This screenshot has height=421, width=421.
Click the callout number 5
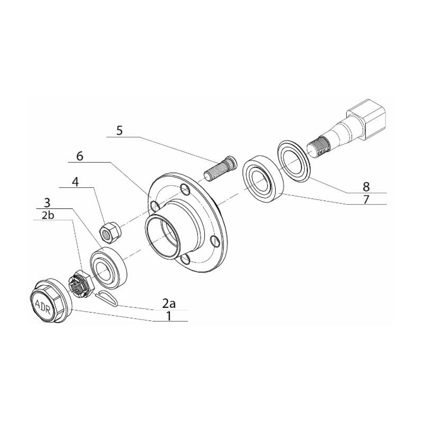tap(119, 131)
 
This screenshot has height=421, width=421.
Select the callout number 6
tap(80, 156)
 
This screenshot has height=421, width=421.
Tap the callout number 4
tap(75, 182)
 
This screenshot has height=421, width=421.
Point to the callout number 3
tap(47, 203)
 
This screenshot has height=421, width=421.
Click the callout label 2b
tap(48, 215)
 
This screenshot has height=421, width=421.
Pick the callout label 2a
tap(169, 304)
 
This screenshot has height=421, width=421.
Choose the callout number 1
tap(168, 316)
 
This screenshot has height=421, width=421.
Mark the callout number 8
tap(366, 187)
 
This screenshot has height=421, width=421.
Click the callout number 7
tap(366, 199)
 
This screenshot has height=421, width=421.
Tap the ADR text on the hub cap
tap(43, 307)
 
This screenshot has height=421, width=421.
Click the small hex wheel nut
tap(110, 232)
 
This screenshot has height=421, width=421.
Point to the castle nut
tap(80, 284)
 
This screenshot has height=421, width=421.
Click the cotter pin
tap(106, 298)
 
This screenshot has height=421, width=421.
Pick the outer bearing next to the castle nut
tap(108, 268)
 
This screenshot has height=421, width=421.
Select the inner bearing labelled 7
tap(264, 177)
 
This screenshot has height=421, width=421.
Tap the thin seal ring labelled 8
tap(294, 161)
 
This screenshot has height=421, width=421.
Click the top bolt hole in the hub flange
tap(185, 189)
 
